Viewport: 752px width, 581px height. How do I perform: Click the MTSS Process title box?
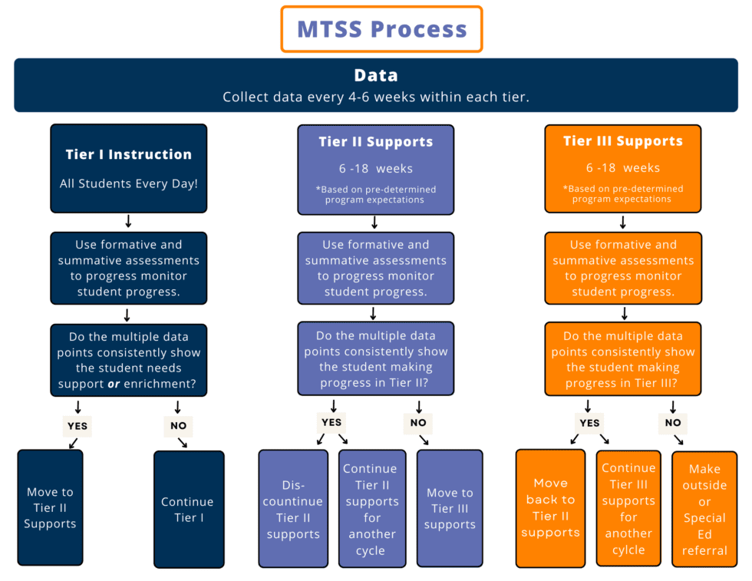381,29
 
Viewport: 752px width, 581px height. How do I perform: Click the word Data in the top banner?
376,75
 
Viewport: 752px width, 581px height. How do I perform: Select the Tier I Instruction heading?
129,154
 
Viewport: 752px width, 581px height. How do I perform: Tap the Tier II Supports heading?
376,142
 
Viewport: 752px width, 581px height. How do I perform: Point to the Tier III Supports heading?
622,141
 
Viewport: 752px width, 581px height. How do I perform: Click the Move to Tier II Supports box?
50,507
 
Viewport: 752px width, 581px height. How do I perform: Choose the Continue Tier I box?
189,509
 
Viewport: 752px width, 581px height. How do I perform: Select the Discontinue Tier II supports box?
293,509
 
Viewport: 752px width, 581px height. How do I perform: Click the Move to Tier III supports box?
450,508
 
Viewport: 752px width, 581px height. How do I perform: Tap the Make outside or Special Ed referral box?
704,509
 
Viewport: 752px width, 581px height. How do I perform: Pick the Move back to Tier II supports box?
550,507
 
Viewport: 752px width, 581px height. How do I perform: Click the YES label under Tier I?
77,426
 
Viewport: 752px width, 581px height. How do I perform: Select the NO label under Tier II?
418,422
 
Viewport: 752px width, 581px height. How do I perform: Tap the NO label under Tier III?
673,422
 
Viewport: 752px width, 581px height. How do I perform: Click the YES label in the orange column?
589,422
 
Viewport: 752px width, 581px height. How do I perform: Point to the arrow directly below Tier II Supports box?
375,223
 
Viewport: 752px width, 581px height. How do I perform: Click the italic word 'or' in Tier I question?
114,384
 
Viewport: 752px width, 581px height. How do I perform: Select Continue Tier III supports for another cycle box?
628,508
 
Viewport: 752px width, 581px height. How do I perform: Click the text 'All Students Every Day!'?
129,184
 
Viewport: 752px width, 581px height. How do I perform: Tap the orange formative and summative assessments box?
622,269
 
